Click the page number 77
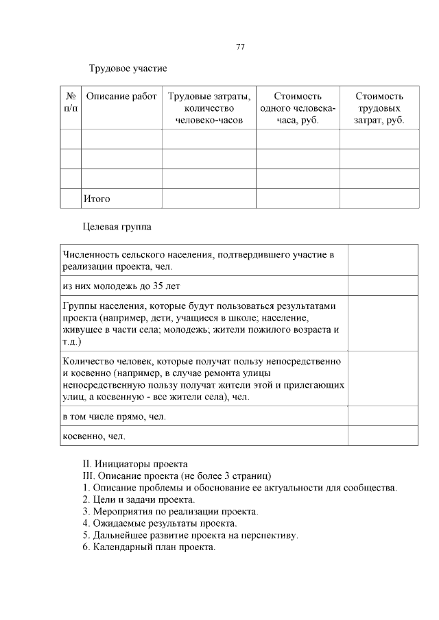[x=240, y=47]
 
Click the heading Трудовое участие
[x=128, y=69]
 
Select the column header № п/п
[x=71, y=102]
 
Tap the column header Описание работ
[x=121, y=97]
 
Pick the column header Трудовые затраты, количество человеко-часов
[x=209, y=108]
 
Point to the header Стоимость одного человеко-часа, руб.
[x=298, y=108]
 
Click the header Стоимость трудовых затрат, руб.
[x=379, y=108]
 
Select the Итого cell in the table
[x=97, y=199]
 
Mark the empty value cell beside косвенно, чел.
[x=383, y=436]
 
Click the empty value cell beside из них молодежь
[x=383, y=286]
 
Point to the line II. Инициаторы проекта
[x=134, y=464]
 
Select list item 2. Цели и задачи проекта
[x=129, y=499]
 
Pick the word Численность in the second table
[x=86, y=255]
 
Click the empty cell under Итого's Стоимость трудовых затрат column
[x=379, y=199]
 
